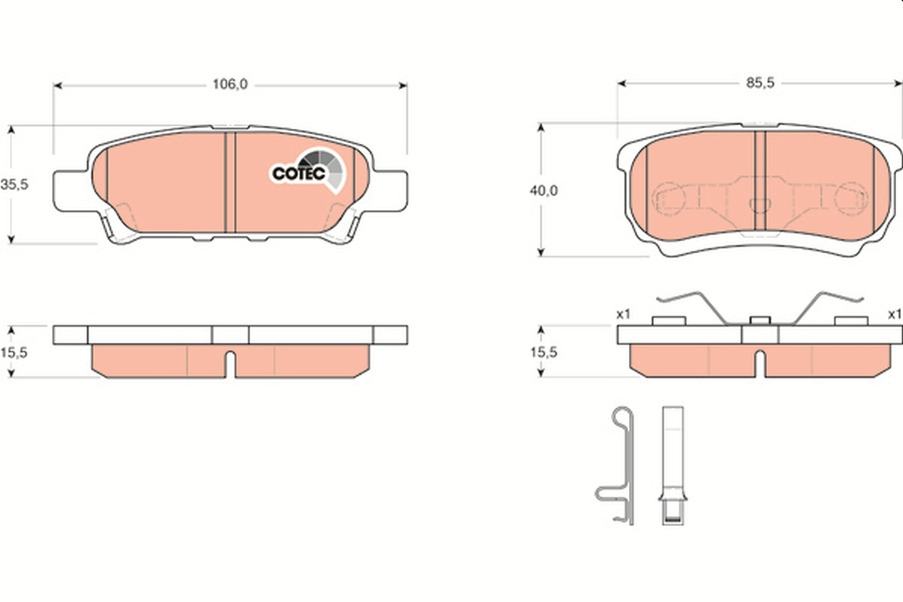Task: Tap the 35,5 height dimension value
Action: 14,184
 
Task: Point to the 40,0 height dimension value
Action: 544,190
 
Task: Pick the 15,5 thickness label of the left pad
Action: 14,353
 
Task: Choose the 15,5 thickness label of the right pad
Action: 543,352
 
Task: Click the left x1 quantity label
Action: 623,314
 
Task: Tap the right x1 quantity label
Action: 895,314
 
